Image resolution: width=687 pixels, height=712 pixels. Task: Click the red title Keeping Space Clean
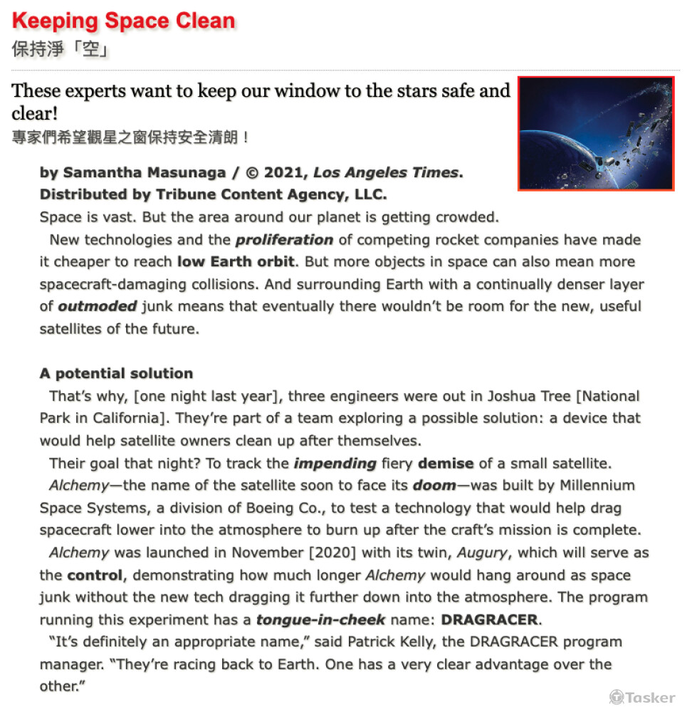[123, 20]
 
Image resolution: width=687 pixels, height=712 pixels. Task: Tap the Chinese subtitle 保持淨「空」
[60, 49]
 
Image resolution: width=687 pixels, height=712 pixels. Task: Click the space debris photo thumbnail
[596, 133]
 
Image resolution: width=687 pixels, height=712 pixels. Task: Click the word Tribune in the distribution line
[184, 194]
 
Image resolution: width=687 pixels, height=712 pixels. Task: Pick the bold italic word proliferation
[284, 239]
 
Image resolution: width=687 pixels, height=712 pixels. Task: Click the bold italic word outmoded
[97, 306]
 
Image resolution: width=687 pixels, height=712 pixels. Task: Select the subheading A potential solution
[116, 373]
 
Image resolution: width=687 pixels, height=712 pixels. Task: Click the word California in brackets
[130, 418]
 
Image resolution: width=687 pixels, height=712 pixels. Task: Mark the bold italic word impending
[335, 464]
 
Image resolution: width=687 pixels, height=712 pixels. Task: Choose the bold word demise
[446, 464]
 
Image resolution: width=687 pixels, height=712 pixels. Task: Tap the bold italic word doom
[434, 486]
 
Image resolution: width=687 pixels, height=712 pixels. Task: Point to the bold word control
[95, 575]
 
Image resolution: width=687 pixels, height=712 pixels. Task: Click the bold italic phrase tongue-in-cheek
[320, 619]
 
